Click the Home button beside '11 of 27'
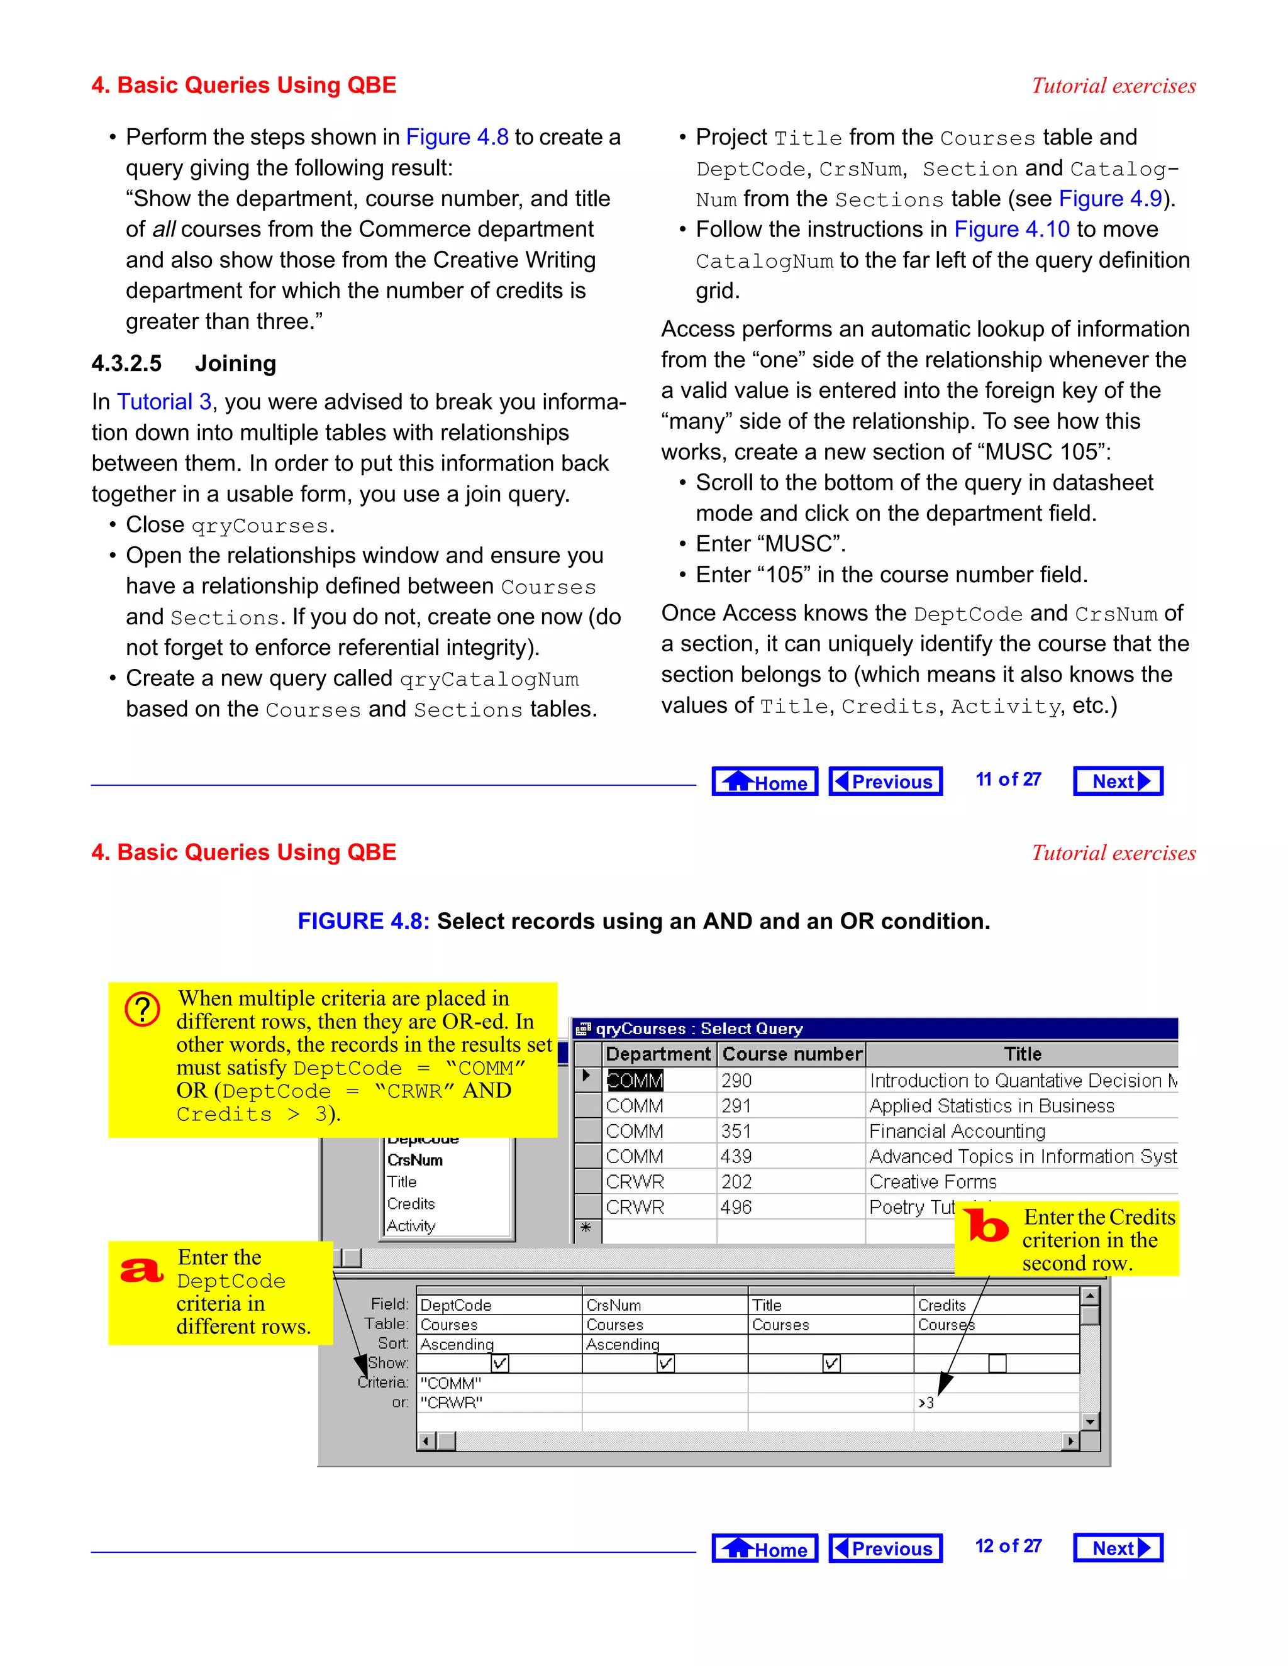pos(765,781)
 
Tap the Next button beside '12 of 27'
pos(1118,1548)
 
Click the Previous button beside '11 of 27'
pos(885,781)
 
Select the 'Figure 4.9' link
pos(1109,199)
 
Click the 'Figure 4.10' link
pos(1012,229)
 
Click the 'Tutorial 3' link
pos(164,402)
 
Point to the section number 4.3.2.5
pos(126,363)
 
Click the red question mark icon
pos(143,1009)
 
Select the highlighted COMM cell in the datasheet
pos(635,1080)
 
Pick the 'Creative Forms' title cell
pos(933,1182)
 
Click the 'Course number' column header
pos(792,1054)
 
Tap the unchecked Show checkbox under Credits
pos(997,1363)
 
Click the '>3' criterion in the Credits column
pos(926,1403)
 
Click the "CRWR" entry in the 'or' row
pos(452,1403)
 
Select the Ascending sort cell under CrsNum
pos(623,1344)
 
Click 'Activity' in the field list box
pos(411,1226)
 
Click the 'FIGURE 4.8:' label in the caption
pos(364,922)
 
